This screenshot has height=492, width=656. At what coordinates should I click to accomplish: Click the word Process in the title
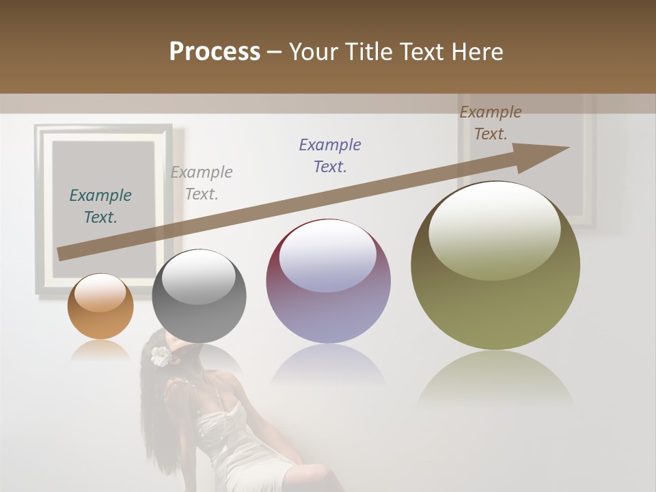tap(215, 52)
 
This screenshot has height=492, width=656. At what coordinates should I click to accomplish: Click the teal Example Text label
tap(100, 206)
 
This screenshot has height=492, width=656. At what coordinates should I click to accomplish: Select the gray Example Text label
tap(202, 182)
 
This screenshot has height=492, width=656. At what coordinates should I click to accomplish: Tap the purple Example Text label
tap(330, 155)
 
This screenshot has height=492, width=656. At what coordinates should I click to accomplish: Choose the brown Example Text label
tap(491, 123)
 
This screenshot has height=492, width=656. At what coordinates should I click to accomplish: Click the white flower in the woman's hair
tap(160, 355)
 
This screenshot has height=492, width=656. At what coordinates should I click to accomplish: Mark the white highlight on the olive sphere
tap(494, 230)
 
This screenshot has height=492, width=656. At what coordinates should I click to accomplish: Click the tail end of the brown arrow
tap(63, 254)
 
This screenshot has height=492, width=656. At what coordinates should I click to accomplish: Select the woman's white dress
tap(246, 444)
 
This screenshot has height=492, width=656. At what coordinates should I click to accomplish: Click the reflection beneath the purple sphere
tap(328, 369)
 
